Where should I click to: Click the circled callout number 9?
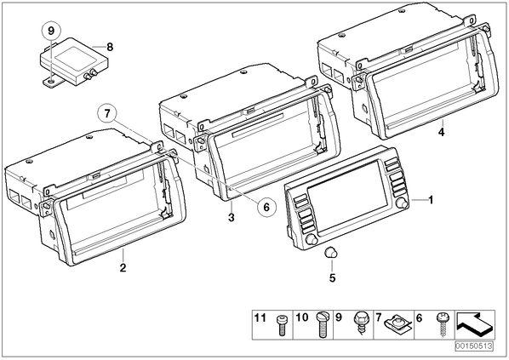coord(51,31)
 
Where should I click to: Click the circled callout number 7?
coord(107,113)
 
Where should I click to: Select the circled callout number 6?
coord(266,207)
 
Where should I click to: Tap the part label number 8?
coord(110,47)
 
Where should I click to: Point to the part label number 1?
coord(431,200)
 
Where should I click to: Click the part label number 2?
coord(123,268)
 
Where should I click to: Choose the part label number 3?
coord(232,217)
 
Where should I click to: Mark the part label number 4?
coord(441,132)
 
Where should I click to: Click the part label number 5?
coord(333,278)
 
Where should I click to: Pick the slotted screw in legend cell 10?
coord(322,324)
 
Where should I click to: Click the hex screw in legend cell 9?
coord(360,322)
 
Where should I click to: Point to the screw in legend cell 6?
coord(442,324)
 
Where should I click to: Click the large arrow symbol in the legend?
coord(475,324)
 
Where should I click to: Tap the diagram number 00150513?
coord(474,346)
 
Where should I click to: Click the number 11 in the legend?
coord(260,317)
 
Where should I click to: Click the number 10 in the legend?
coord(301,317)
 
